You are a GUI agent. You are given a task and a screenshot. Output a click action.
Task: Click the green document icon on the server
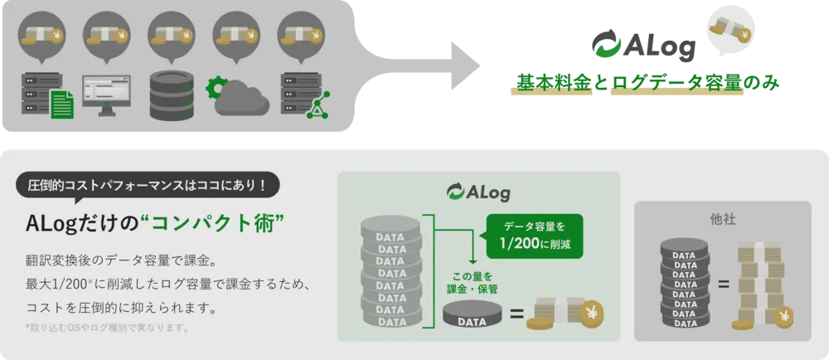tap(60, 106)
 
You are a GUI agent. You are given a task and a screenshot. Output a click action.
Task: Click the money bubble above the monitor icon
tap(106, 35)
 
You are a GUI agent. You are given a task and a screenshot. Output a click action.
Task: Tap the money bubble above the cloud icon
tap(236, 35)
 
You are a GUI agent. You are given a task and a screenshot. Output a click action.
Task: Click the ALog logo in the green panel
tap(478, 193)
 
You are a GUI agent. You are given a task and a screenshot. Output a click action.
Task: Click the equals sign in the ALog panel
tap(516, 315)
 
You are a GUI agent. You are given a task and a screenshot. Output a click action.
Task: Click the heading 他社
tap(722, 221)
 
